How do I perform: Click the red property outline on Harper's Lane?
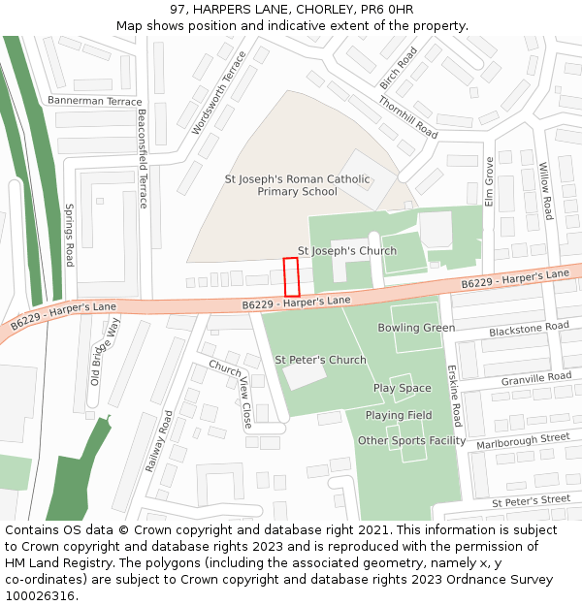[291, 277]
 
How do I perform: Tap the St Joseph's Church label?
[346, 251]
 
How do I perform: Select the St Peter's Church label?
[320, 360]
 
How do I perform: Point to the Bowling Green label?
[416, 328]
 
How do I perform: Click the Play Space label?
[402, 389]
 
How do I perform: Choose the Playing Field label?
[398, 415]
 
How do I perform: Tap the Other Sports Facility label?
[411, 440]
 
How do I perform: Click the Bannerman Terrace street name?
[94, 101]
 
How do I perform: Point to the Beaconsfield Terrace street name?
[142, 159]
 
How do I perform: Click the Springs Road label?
[69, 235]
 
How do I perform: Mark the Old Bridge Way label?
[105, 350]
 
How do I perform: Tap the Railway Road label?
[159, 441]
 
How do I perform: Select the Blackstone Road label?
[529, 329]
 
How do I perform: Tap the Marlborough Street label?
[522, 441]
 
